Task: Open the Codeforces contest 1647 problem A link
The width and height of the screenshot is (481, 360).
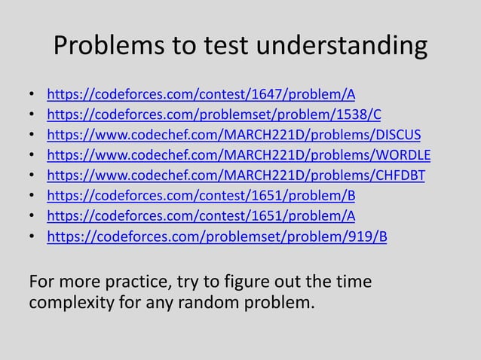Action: tap(201, 96)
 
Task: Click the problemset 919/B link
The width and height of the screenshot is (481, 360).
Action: tap(217, 238)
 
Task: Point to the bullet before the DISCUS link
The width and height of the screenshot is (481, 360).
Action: tap(31, 136)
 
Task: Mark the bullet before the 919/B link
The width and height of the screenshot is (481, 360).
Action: tap(31, 238)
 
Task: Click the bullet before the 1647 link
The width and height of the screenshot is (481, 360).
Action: tap(31, 96)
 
